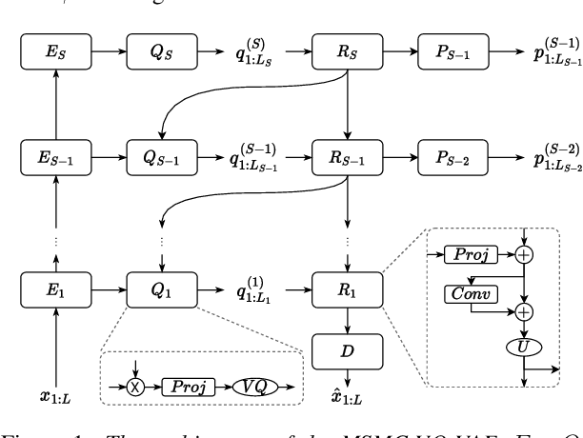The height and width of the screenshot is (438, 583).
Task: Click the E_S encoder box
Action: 58,52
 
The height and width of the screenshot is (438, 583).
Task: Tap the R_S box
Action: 347,52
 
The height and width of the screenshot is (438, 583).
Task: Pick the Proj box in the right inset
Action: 469,254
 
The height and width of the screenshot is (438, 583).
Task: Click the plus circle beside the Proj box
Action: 522,254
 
